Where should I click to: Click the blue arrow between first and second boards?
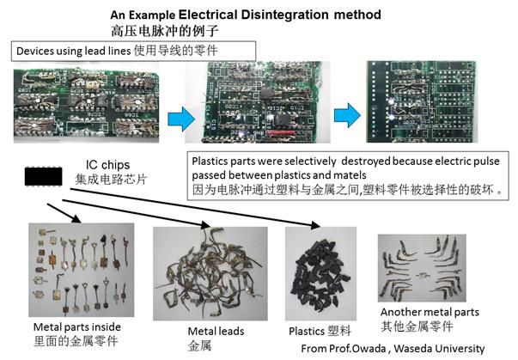point(174,118)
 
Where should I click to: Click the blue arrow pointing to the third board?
point(344,114)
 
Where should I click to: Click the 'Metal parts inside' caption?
point(76,327)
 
